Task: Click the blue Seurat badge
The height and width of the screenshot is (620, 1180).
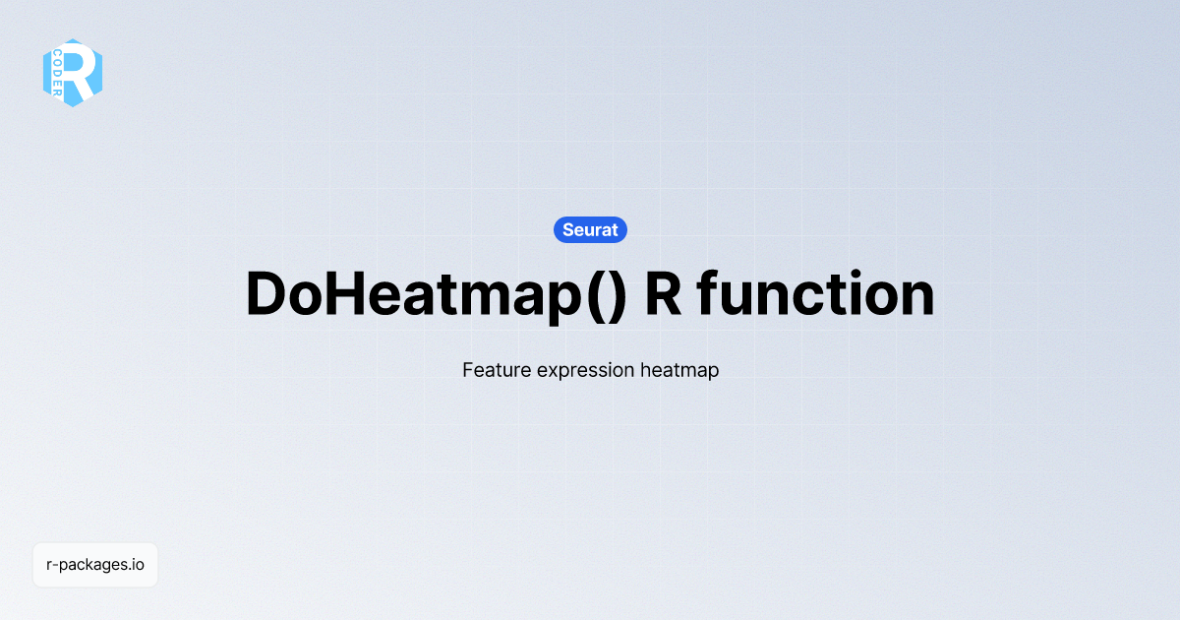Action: pyautogui.click(x=590, y=229)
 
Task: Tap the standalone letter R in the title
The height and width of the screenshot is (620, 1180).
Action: pyautogui.click(x=663, y=294)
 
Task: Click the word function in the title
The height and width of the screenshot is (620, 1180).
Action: pyautogui.click(x=816, y=294)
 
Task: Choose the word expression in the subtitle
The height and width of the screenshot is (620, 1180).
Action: pyautogui.click(x=579, y=372)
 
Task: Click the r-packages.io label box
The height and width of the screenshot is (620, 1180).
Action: pyautogui.click(x=95, y=565)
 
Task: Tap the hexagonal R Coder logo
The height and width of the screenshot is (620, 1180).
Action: pyautogui.click(x=73, y=73)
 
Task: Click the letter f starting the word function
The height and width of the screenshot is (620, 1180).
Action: pyautogui.click(x=707, y=293)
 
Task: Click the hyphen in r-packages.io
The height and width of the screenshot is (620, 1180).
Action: pyautogui.click(x=56, y=566)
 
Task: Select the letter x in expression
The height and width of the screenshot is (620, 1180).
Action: pyautogui.click(x=537, y=372)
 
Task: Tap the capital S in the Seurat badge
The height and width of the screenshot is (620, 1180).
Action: pyautogui.click(x=568, y=229)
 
